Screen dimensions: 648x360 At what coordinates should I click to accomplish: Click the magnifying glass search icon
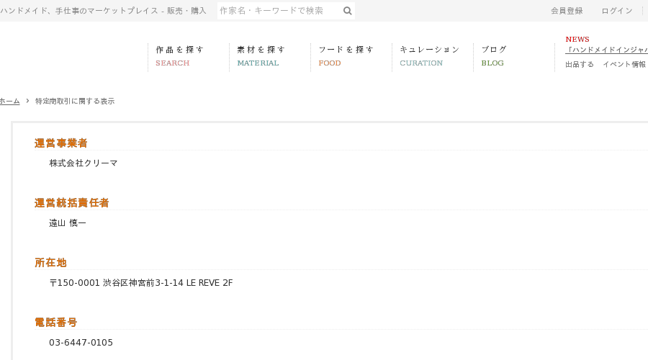(348, 11)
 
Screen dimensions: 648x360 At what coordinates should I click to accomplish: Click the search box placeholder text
(271, 11)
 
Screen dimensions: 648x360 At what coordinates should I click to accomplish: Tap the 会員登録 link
(567, 11)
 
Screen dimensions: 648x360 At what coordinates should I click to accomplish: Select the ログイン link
(616, 11)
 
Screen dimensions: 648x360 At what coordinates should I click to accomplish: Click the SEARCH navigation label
(172, 63)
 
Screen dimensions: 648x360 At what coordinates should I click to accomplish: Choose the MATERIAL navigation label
(258, 63)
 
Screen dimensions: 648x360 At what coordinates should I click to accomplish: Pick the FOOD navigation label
(329, 63)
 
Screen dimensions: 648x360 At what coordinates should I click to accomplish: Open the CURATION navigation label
(421, 63)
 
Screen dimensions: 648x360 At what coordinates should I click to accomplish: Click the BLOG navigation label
(492, 63)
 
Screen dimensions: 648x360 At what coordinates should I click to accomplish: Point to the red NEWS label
(577, 40)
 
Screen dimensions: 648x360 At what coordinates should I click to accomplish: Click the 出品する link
(580, 65)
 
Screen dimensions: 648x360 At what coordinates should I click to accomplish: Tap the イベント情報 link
(624, 65)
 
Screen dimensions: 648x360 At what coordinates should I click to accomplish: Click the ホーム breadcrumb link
(10, 102)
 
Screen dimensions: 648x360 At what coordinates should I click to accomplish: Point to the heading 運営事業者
(60, 143)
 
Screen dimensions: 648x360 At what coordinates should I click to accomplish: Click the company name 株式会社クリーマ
(83, 163)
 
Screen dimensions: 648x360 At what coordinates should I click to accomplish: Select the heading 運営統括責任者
(71, 203)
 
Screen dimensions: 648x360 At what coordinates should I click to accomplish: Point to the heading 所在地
(50, 263)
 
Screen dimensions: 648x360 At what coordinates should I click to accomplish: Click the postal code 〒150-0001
(74, 283)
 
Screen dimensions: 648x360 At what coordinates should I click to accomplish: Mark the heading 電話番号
(55, 323)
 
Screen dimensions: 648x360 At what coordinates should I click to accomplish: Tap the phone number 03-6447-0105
(81, 343)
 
